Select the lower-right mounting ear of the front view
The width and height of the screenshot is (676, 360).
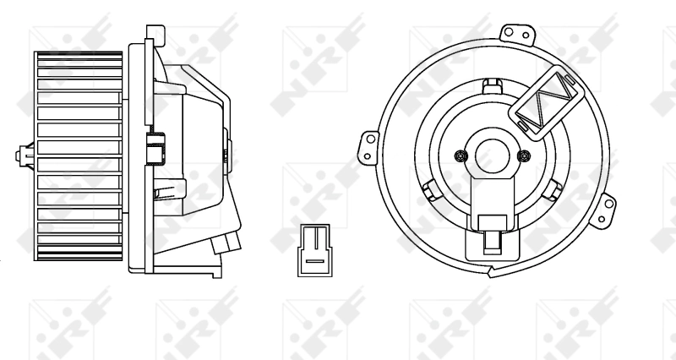[606, 210]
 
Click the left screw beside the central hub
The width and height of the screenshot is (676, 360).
[460, 155]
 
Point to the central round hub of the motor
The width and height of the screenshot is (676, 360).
[491, 155]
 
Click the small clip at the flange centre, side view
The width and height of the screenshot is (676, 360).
[155, 148]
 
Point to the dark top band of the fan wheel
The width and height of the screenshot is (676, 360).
[80, 57]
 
